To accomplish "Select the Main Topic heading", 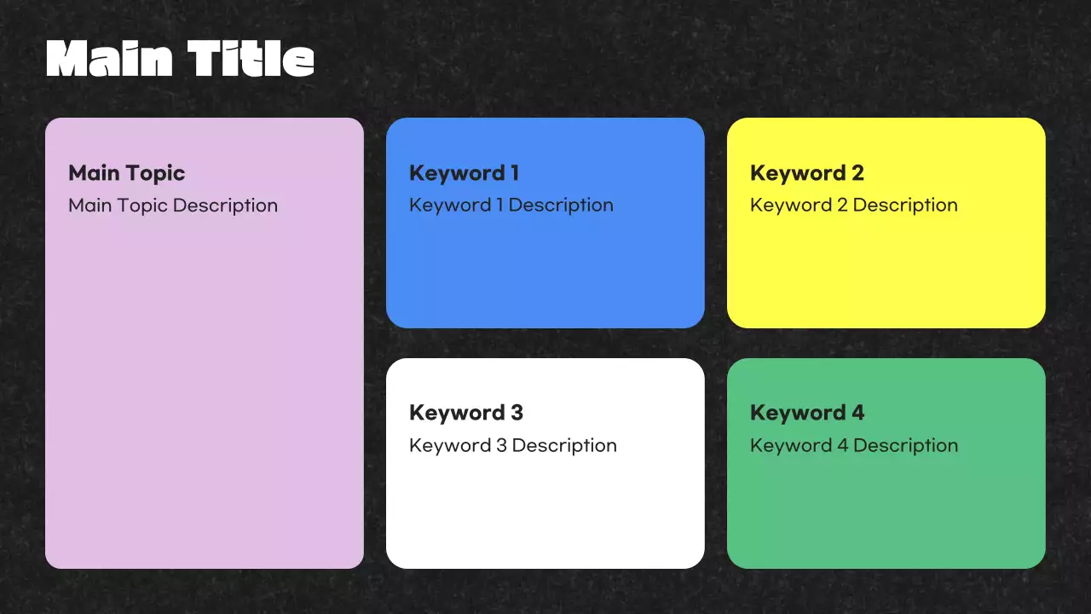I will click(x=126, y=173).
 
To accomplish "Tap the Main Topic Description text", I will click(x=173, y=206).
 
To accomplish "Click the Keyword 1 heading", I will click(x=464, y=173).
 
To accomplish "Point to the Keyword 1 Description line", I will click(x=511, y=206).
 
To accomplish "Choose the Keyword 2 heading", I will click(x=806, y=173).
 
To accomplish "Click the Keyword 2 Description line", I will click(x=854, y=206).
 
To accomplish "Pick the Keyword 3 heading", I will click(x=465, y=413).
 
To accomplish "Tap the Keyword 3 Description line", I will click(x=513, y=445).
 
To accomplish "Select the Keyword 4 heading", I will click(x=806, y=413).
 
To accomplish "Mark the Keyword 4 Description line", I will click(x=854, y=445).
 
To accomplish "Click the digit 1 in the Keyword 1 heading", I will click(x=514, y=173).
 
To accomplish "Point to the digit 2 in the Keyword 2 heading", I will click(x=857, y=173).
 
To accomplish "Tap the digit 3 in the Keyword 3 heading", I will click(x=516, y=413).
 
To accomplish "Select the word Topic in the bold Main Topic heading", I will click(x=155, y=174).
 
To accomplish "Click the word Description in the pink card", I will click(x=225, y=206).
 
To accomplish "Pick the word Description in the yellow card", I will click(x=905, y=206).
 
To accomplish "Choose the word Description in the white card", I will click(x=564, y=445).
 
